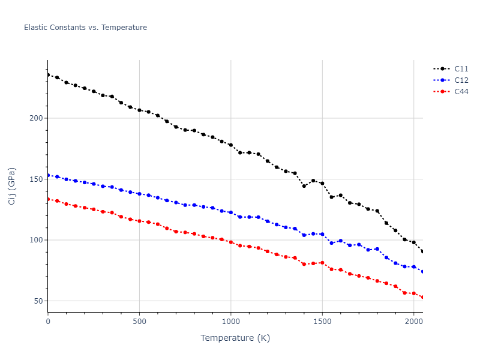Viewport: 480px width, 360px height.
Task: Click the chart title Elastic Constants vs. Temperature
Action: (x=85, y=28)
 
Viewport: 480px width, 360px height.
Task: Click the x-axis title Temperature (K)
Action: (x=235, y=338)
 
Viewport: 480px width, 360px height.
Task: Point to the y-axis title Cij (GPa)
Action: (x=12, y=186)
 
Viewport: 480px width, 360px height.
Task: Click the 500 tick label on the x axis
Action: (x=139, y=322)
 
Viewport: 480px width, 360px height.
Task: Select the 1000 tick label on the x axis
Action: (x=231, y=322)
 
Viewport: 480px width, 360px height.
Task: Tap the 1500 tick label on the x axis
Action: (x=322, y=322)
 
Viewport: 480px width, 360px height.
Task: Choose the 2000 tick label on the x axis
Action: (x=414, y=322)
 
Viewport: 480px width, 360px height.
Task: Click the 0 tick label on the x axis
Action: (x=48, y=322)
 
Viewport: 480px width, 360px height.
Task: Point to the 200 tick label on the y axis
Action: (x=36, y=118)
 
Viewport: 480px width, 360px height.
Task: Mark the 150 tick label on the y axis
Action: (x=36, y=179)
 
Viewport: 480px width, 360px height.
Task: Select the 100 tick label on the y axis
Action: (x=36, y=240)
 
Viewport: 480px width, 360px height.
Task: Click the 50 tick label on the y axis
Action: (x=38, y=301)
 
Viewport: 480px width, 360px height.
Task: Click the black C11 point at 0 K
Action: (x=48, y=75)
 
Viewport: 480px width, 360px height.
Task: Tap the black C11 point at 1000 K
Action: (x=231, y=145)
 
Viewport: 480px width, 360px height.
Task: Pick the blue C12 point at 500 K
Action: (x=139, y=194)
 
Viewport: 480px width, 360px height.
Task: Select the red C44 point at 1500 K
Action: (x=322, y=263)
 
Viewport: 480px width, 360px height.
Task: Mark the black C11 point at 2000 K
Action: (x=414, y=242)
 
